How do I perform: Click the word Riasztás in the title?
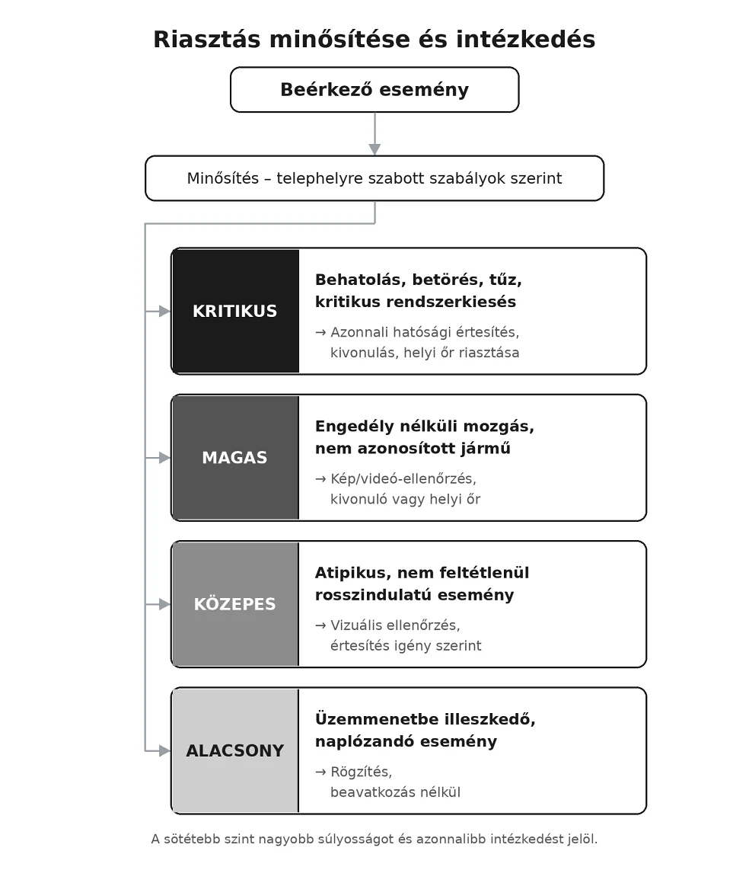point(206,40)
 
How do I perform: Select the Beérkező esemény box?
point(374,89)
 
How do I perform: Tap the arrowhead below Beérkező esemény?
point(374,149)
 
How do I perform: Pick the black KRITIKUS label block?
point(235,311)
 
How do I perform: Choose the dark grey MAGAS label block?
point(235,457)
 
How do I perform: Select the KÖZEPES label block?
point(235,604)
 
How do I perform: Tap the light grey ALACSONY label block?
point(235,750)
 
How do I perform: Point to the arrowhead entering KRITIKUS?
point(165,311)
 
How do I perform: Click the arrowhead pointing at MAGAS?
point(165,458)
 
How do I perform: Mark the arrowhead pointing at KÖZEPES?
point(165,604)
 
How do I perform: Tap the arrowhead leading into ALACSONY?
point(165,750)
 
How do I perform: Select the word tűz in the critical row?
point(505,280)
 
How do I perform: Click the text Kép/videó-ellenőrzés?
point(403,478)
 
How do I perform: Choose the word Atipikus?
point(352,573)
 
